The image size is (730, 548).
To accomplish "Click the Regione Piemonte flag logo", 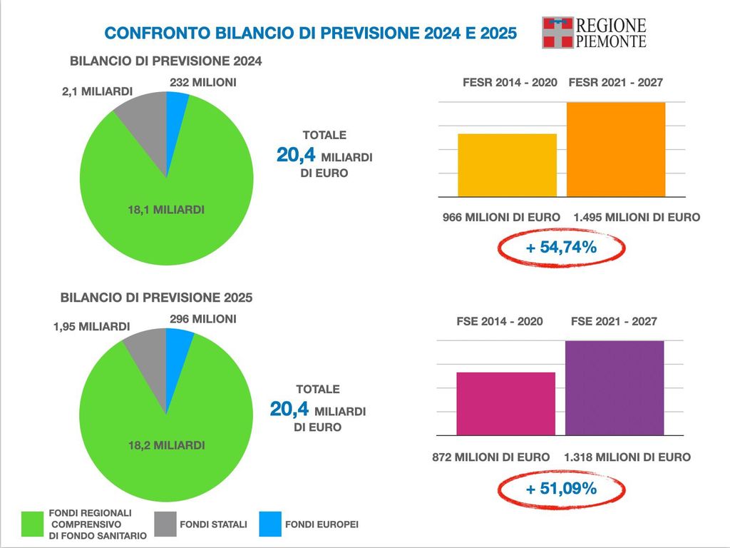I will click(557, 33).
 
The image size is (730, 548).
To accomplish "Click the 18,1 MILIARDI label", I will click(166, 210).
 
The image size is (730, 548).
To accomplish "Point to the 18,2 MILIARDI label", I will click(166, 445).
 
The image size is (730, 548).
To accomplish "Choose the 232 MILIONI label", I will click(202, 83).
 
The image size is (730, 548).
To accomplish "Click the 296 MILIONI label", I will click(202, 319).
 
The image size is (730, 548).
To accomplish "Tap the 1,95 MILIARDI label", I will click(91, 327).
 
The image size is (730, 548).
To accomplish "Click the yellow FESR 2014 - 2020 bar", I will click(507, 165).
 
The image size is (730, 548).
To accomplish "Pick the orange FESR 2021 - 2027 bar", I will click(616, 149).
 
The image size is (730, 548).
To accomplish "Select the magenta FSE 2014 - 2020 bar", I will click(505, 403).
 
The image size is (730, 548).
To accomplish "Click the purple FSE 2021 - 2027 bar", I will click(615, 387).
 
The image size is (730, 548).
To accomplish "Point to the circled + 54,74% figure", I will click(560, 248).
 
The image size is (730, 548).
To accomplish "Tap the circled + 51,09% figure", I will click(560, 489).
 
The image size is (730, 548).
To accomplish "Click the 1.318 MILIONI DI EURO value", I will click(627, 457).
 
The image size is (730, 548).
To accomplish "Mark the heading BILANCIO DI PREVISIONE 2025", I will click(156, 297).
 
